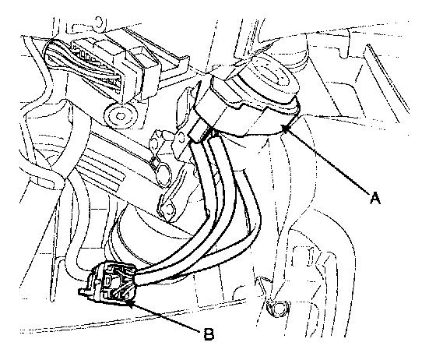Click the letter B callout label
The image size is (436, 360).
[x=209, y=334]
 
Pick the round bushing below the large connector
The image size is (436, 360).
[x=121, y=115]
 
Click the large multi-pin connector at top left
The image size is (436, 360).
[x=101, y=67]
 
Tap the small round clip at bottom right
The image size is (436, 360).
[x=277, y=308]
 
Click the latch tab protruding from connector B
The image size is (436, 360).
[x=84, y=291]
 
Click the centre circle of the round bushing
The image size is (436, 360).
[x=121, y=115]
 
